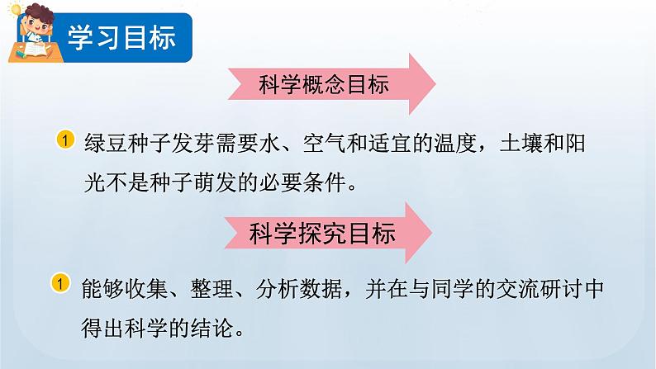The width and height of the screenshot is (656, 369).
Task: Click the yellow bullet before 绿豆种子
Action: click(x=66, y=140)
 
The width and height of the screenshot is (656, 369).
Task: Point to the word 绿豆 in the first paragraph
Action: click(x=106, y=141)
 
